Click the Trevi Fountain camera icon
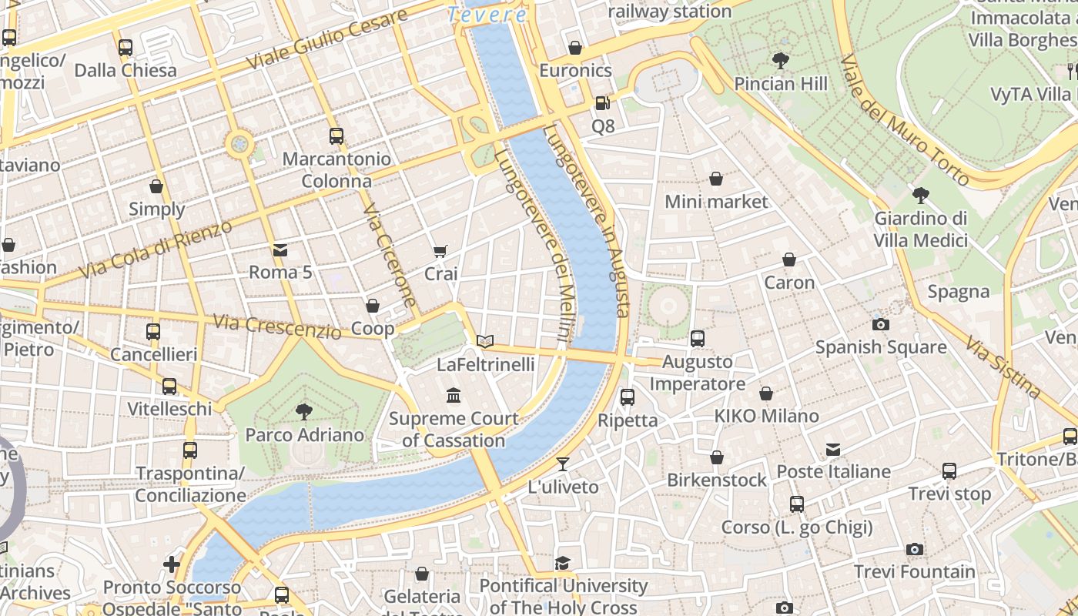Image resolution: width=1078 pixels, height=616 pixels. point(914,549)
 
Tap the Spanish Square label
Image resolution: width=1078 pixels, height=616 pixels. point(880,346)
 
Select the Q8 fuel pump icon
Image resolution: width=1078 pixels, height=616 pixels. point(602,102)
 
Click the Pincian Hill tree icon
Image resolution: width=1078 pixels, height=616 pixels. point(781,60)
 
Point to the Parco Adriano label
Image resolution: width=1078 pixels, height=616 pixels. point(304,435)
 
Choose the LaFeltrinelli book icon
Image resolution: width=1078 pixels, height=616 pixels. point(484,341)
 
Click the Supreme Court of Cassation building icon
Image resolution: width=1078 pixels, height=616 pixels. point(454,396)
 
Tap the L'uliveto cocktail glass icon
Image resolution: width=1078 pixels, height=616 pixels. point(563,464)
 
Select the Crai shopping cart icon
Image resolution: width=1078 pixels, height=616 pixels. point(440,251)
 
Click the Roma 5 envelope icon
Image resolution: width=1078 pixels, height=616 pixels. point(280,249)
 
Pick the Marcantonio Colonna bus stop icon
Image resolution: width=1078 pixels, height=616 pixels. point(336,136)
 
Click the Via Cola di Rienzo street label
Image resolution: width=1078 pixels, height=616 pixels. point(156,249)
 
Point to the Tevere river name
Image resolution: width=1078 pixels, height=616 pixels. point(487,14)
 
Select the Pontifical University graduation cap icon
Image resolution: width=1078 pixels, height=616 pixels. point(563,563)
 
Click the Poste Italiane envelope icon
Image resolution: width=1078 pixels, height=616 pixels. point(832,449)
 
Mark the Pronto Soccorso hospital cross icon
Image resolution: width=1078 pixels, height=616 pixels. point(172,564)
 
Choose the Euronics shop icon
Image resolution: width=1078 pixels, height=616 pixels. point(574,48)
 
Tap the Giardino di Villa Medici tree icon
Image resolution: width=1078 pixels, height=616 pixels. point(920,195)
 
